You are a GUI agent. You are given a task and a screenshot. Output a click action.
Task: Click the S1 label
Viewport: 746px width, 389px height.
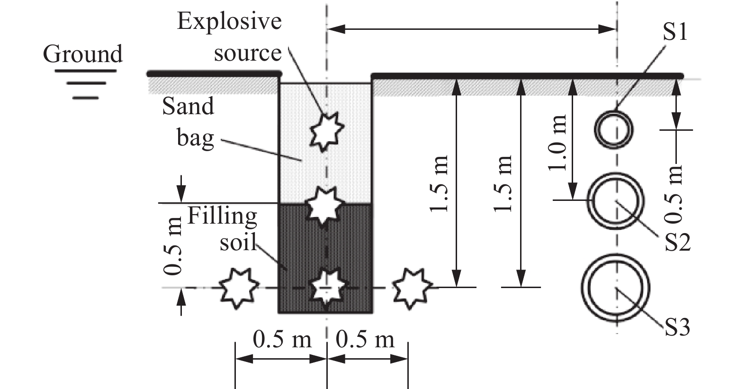click(x=674, y=32)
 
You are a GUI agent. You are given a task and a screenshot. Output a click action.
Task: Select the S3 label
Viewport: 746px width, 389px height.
click(x=677, y=327)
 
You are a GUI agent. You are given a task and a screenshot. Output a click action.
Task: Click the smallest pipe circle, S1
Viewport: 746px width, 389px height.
click(x=614, y=129)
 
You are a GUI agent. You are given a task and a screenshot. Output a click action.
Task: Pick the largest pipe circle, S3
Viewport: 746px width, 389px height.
click(x=616, y=288)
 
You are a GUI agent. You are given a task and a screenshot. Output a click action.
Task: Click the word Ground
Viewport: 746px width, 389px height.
click(x=82, y=54)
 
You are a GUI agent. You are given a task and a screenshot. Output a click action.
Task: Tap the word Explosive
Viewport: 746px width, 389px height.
click(x=229, y=22)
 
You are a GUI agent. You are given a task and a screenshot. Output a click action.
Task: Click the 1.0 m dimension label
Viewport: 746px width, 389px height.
click(x=558, y=142)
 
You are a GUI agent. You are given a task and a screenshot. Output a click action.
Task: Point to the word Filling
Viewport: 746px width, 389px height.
click(x=222, y=216)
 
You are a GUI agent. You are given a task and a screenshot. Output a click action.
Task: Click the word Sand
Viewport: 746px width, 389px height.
click(x=188, y=107)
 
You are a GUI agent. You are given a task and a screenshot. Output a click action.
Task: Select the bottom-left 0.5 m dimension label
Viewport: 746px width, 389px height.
click(x=282, y=339)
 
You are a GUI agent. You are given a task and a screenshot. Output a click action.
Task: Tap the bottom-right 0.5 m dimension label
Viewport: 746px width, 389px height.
click(x=365, y=339)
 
